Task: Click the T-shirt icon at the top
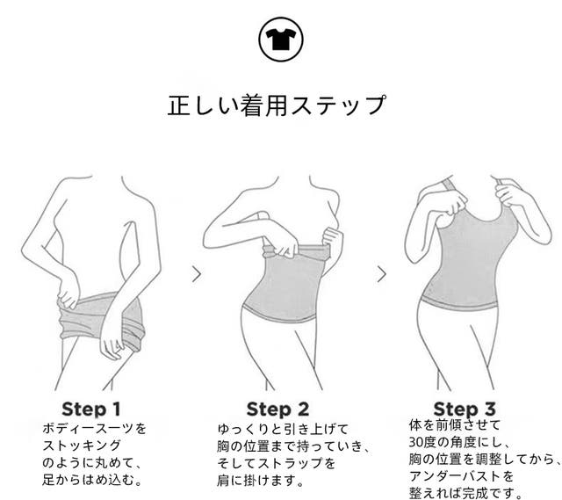281,40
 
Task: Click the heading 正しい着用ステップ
277,105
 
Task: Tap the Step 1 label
91,409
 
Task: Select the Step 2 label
277,409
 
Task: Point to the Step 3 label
465,409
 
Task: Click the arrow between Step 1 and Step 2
197,274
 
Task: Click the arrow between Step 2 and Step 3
382,274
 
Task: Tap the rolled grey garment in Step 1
102,321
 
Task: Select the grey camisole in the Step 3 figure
462,262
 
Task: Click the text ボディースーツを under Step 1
94,429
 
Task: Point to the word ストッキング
82,446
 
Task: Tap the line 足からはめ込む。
92,480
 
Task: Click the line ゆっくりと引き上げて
283,430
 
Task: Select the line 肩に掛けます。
261,481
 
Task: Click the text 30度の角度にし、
459,443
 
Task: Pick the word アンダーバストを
462,476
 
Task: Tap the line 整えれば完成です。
465,493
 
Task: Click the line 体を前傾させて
455,425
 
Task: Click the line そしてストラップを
277,463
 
